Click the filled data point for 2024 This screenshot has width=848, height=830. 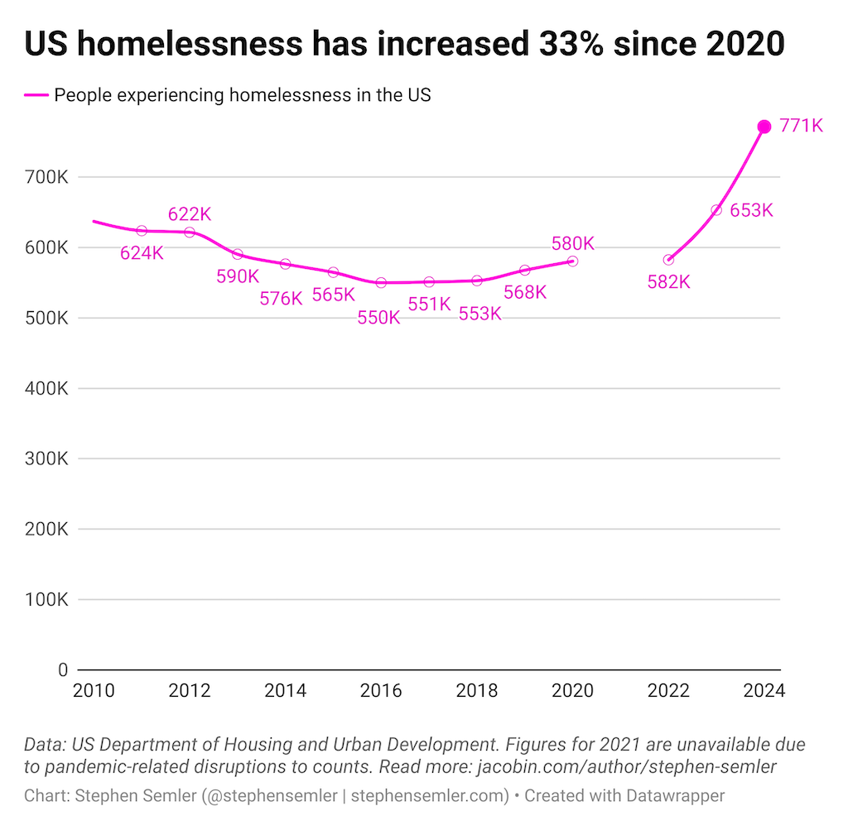[764, 127]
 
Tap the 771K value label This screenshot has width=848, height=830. [801, 127]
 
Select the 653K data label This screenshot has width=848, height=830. [751, 210]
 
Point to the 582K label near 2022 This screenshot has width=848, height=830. [668, 282]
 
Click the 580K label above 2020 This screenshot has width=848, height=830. [572, 243]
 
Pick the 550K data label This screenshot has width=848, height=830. [378, 318]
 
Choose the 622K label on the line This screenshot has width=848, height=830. [190, 213]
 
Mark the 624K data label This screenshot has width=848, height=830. [142, 253]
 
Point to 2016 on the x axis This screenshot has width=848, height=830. [381, 690]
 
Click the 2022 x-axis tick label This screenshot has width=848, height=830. [668, 690]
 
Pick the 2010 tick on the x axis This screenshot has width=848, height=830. [93, 690]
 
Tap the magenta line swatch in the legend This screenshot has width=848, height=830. [36, 95]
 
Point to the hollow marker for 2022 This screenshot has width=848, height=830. [668, 260]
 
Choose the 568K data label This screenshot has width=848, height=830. [525, 292]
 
